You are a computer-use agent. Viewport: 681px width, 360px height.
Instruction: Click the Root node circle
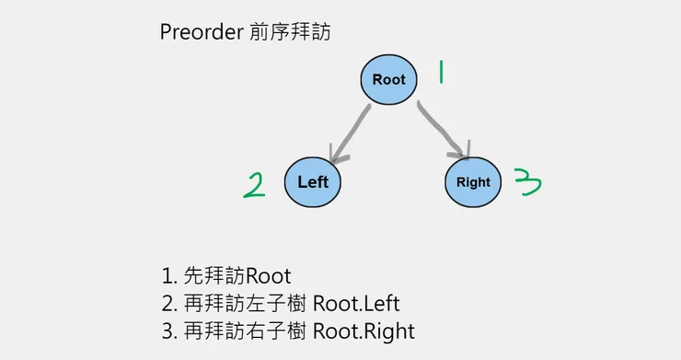(388, 79)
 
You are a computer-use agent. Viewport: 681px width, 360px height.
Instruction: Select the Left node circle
(313, 181)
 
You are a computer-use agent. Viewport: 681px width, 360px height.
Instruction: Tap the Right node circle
(473, 181)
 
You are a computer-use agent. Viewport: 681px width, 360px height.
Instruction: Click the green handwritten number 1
(441, 73)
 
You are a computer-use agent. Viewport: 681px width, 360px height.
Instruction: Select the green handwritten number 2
(254, 185)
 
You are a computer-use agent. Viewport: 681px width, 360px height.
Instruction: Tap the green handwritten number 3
(527, 182)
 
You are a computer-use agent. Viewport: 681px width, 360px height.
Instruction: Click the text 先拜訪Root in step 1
(238, 275)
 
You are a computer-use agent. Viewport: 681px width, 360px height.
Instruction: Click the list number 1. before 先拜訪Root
(167, 275)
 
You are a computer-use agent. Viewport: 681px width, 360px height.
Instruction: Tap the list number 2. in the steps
(167, 303)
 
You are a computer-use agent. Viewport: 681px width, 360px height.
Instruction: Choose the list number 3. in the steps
(167, 331)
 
